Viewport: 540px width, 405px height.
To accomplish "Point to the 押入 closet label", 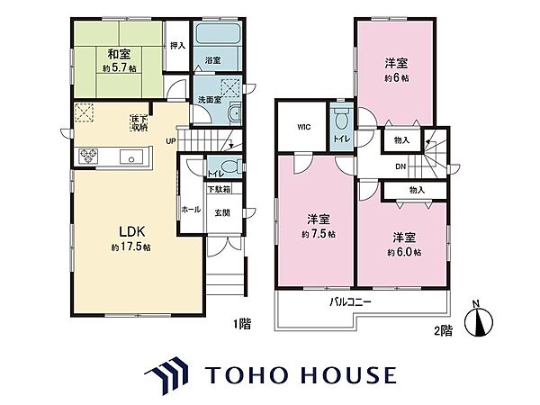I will pyautogui.click(x=176, y=45).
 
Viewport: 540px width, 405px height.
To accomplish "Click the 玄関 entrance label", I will pyautogui.click(x=221, y=212).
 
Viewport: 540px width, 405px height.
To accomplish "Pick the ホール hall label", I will pyautogui.click(x=191, y=210).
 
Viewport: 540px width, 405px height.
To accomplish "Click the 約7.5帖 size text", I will pyautogui.click(x=319, y=234).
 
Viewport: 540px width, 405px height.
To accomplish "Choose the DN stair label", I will pyautogui.click(x=400, y=166).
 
